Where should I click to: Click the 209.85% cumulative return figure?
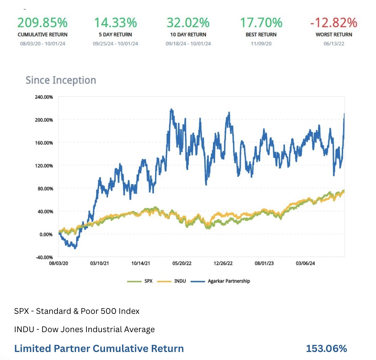42,23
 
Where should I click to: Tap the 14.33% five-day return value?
115,23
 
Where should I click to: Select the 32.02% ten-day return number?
188,23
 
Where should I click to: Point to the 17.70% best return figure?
261,23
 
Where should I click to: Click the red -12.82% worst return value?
334,23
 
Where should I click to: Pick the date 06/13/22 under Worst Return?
334,44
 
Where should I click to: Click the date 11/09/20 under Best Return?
261,44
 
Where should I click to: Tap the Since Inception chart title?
61,80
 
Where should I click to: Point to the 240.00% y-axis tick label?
44,97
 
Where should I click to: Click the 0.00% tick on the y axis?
46,234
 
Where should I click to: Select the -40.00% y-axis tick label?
44,257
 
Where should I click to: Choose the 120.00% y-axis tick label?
44,166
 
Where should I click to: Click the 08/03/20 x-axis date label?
59,263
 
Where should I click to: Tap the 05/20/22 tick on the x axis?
182,263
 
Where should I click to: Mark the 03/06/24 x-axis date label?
305,263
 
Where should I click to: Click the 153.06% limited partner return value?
326,348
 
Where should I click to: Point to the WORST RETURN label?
334,35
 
